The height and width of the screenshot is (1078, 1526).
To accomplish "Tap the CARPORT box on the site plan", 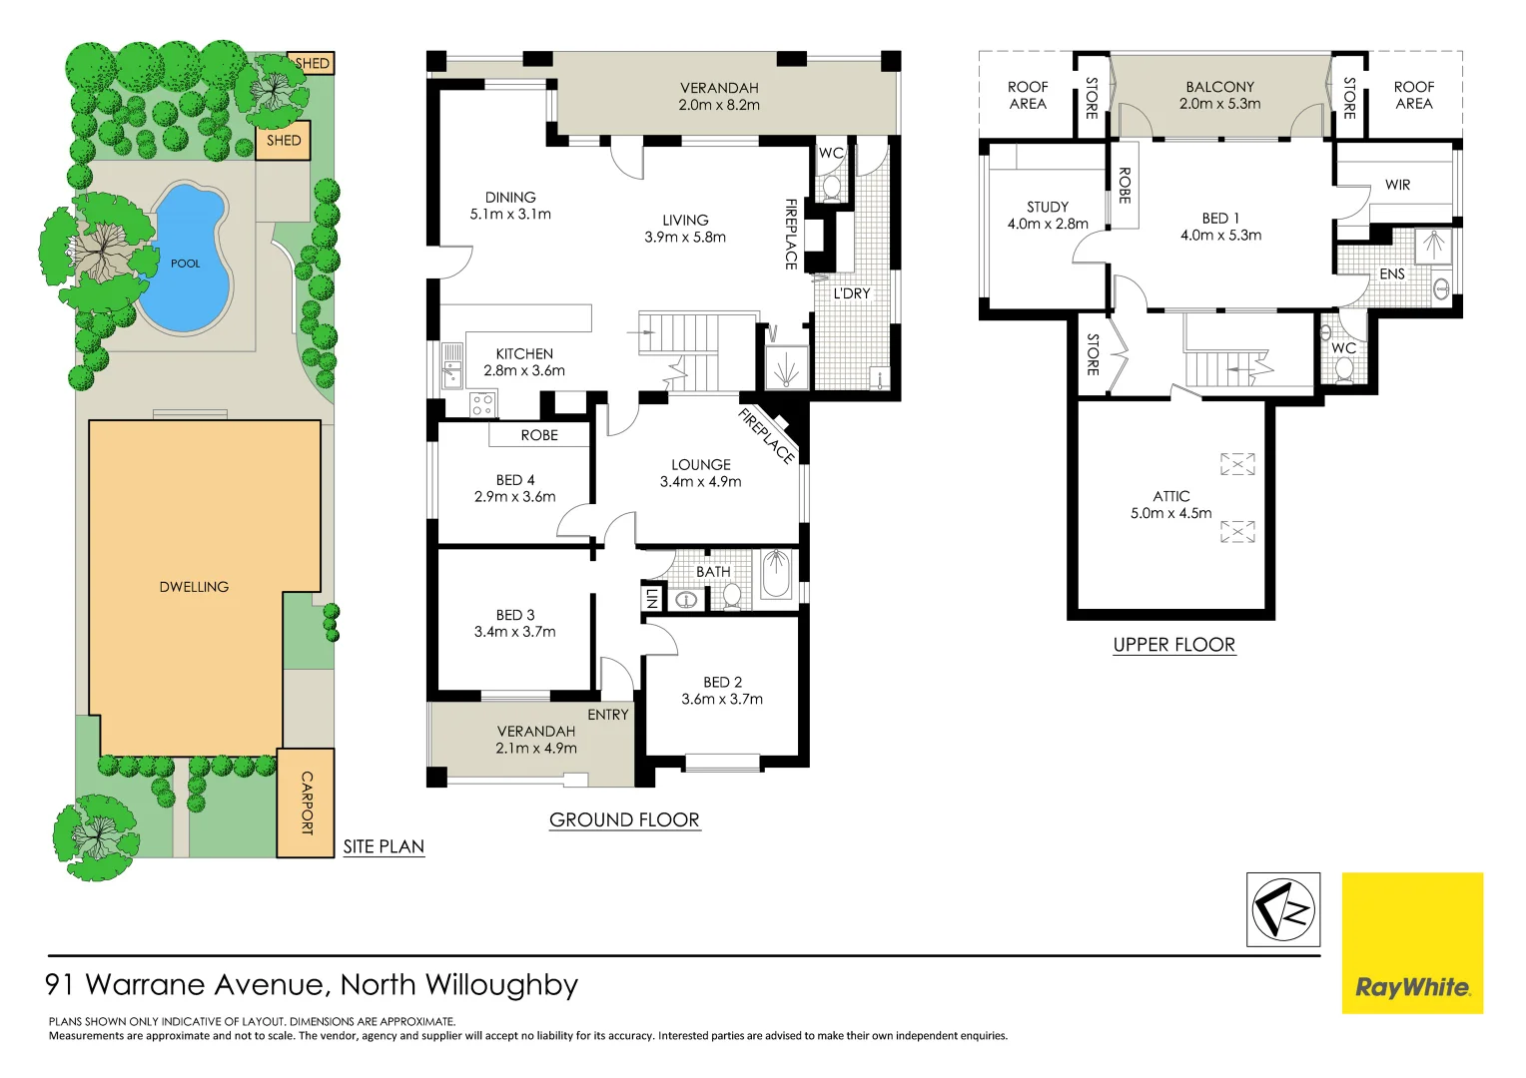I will [306, 803].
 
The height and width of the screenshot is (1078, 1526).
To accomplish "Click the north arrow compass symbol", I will [1283, 910].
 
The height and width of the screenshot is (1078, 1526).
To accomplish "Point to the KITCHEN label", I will [524, 354].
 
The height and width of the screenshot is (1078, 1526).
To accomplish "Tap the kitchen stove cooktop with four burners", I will [482, 404].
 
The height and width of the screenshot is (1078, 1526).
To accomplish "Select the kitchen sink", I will [452, 365].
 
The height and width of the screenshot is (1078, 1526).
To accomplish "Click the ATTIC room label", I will [1171, 496].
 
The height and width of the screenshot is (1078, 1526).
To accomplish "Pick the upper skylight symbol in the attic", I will [1237, 464].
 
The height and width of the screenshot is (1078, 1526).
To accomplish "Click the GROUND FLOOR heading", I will [624, 819].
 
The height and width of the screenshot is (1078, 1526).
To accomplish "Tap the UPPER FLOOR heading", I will [1173, 645].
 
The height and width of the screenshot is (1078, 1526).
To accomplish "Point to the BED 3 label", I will [515, 615].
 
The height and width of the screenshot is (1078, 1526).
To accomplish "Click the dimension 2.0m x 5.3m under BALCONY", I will [1219, 104].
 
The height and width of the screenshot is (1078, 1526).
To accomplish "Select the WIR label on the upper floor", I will [1397, 185].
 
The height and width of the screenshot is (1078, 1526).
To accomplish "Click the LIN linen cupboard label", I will [651, 598].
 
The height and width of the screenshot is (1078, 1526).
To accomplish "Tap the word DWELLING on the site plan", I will [194, 587].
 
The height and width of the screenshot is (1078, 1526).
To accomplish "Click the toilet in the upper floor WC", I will [1343, 369].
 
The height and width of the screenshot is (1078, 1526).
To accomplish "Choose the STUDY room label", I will [1048, 207].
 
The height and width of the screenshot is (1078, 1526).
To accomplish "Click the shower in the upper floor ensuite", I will [1433, 246].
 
